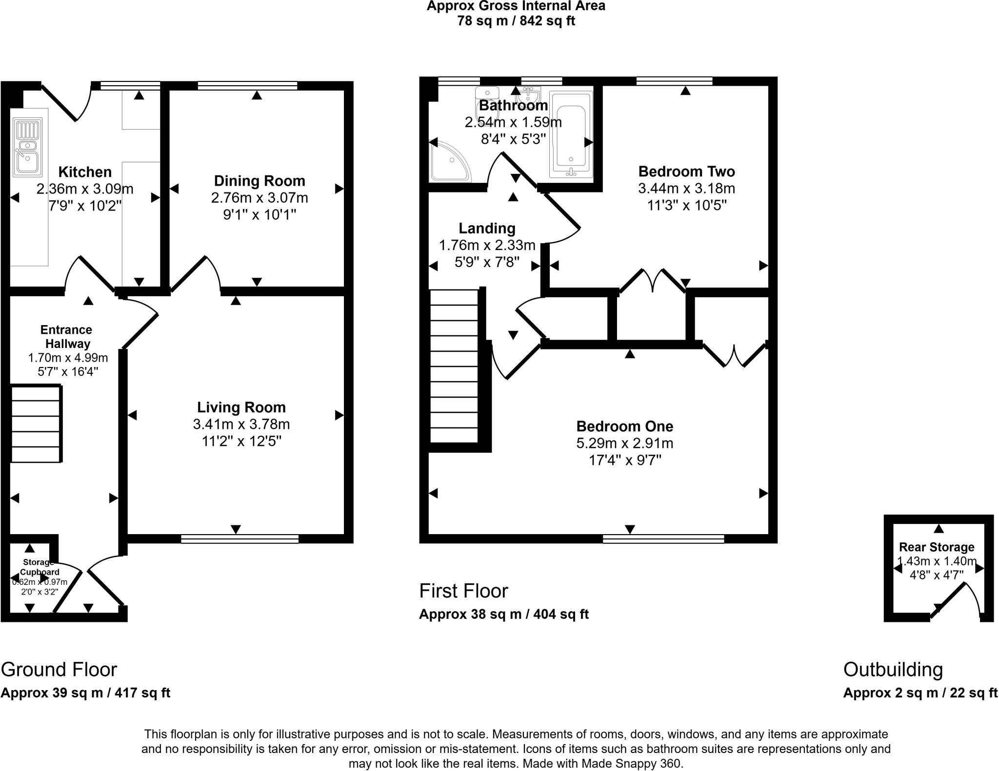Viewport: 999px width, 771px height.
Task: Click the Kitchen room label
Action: coord(85,172)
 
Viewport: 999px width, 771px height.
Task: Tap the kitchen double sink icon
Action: coord(28,147)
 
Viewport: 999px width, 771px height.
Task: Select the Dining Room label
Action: coord(260,181)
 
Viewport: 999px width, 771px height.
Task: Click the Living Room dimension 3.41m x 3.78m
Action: coord(241,424)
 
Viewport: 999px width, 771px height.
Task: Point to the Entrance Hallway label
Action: coord(66,337)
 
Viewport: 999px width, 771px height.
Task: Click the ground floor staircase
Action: coord(36,424)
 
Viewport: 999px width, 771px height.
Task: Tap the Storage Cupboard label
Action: coord(39,567)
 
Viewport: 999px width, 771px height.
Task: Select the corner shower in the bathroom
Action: coord(449,161)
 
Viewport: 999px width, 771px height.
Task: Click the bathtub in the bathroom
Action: coord(571,135)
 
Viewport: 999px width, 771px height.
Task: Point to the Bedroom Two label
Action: coord(686,172)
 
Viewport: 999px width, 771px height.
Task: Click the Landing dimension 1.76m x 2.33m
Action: coord(487,245)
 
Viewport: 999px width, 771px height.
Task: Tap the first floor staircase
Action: coord(454,366)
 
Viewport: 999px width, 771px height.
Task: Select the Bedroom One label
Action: coord(624,426)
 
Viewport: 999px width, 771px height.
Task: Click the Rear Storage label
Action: coord(937,547)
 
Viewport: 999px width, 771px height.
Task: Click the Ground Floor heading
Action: coord(59,670)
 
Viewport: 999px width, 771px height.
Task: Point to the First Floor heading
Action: coord(463,591)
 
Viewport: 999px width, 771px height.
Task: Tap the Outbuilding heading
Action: coord(893,670)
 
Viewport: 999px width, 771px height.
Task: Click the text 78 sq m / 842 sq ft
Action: coord(516,21)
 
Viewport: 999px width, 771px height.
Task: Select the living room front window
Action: coord(240,539)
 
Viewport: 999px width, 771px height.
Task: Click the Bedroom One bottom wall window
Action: coord(663,539)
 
